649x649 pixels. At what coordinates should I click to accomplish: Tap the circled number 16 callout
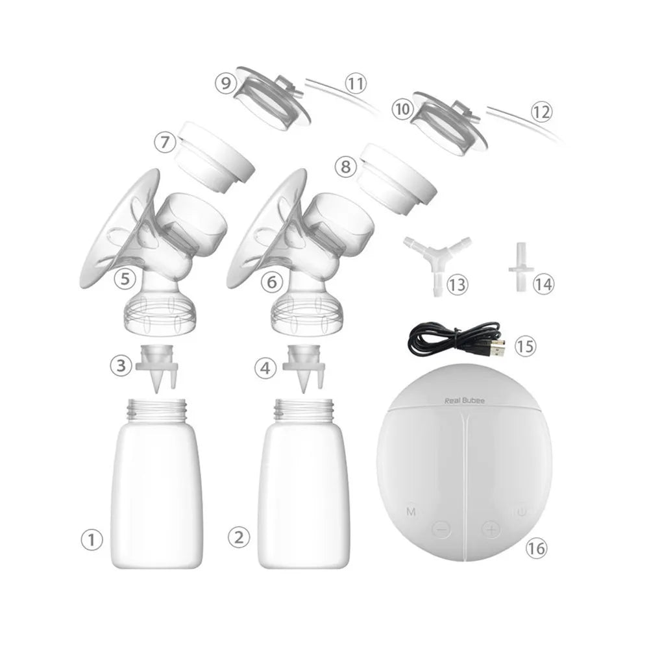point(536,548)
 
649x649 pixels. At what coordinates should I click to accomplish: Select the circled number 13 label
point(458,284)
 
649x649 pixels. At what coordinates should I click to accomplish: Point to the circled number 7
point(165,140)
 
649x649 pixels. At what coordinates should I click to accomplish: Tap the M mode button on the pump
point(411,512)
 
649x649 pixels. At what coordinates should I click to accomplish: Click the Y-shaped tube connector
point(435,259)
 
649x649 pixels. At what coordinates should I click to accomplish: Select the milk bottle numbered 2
point(304,487)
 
